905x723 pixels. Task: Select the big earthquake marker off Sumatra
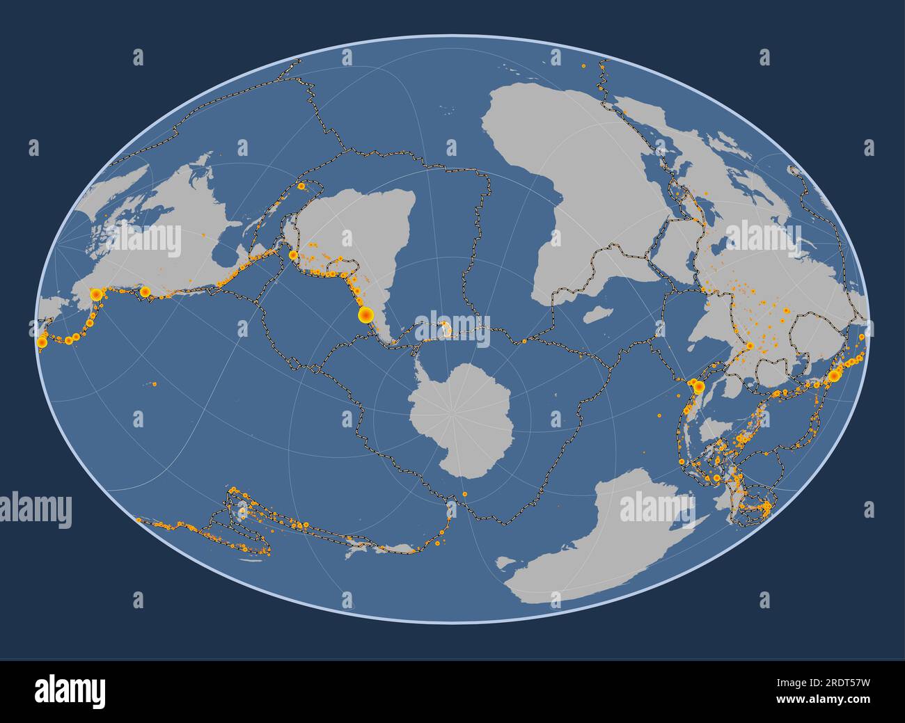coord(698,386)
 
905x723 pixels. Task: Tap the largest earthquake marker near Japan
coord(833,376)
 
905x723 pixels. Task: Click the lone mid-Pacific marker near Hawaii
coord(155,383)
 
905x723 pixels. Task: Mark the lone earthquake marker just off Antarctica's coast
coord(465,495)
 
